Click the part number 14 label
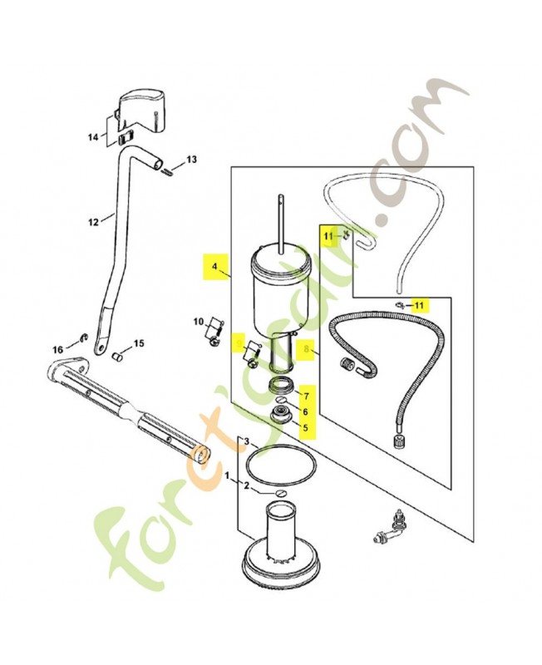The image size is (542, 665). [x=92, y=135]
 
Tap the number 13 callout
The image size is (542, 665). [x=190, y=159]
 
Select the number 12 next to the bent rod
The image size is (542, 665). [x=93, y=222]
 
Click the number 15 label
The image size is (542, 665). [x=139, y=343]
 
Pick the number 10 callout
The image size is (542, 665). [x=199, y=322]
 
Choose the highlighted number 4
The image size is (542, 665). [x=214, y=268]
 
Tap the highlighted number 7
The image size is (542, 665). [x=305, y=395]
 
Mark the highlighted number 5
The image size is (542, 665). [x=305, y=429]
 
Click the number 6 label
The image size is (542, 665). [x=305, y=411]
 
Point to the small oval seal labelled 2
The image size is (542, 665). [x=280, y=492]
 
